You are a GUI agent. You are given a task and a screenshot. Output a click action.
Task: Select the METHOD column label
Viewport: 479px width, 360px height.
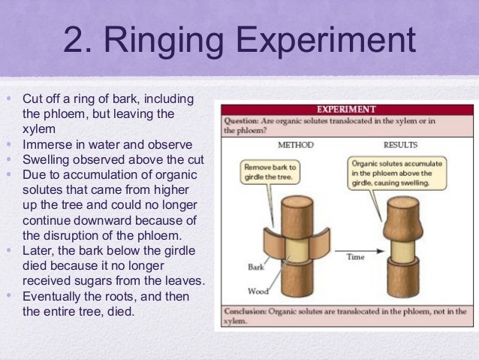point(295,144)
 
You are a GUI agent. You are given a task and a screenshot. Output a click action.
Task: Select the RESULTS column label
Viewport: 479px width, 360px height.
point(400,144)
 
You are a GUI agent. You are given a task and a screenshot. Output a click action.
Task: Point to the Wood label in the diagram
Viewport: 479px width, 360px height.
point(257,291)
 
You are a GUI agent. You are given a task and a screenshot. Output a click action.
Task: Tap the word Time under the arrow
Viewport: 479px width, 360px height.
point(354,256)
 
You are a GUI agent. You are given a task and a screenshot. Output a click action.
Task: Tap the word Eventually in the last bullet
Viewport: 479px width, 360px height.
point(56,296)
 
